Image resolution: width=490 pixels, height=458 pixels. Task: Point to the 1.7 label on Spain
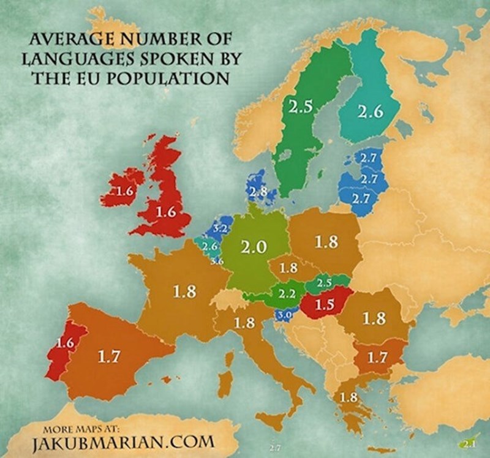coord(108,356)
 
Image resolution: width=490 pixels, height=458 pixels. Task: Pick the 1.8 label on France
coord(184,291)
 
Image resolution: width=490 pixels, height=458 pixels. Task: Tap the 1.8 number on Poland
coord(326,242)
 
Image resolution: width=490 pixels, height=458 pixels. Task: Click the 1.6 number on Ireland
coord(125,191)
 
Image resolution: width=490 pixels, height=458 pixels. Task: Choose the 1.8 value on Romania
coord(374,319)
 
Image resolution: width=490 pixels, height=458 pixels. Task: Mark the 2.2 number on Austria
coord(287,294)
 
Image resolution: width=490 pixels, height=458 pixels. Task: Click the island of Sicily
coord(270,421)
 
